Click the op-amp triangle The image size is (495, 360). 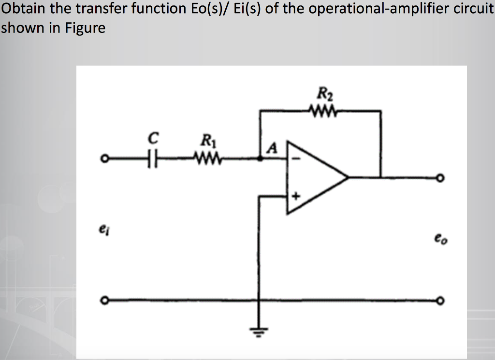(x=314, y=177)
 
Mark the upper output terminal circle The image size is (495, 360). (x=439, y=177)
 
